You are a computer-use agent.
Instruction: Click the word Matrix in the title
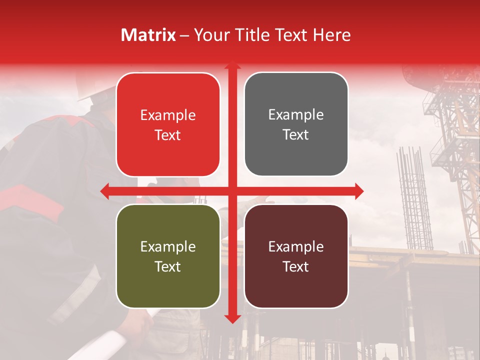pos(148,35)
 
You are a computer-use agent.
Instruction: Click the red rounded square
pos(168,124)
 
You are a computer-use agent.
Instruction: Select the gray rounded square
pos(296,124)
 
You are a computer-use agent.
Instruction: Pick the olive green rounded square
pos(168,256)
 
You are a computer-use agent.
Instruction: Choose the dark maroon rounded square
pos(296,256)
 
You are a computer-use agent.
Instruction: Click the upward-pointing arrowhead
pos(232,66)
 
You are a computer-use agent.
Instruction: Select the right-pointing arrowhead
pos(359,191)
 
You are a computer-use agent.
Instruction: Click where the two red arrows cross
pos(232,191)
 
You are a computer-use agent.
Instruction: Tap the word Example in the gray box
pos(296,115)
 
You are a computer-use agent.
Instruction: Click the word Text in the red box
pos(168,135)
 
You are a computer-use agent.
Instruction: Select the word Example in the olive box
pos(168,246)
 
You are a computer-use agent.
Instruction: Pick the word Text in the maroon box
pos(296,266)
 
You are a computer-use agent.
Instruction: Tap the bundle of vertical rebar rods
pos(414,200)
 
